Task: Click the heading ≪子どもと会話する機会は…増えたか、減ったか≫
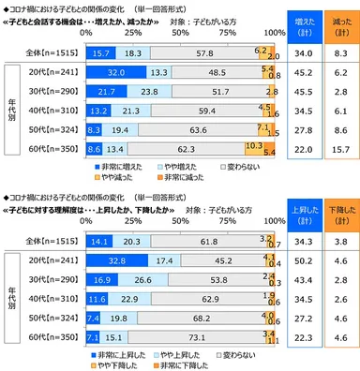84,18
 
